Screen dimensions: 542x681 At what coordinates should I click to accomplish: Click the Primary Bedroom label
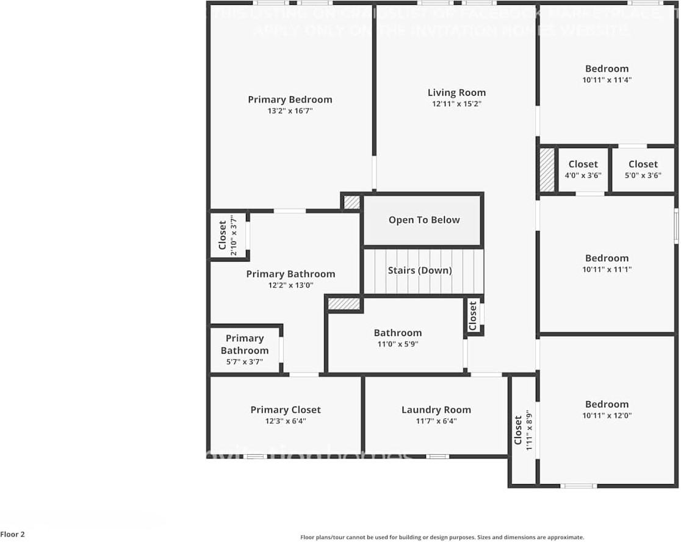tap(290, 99)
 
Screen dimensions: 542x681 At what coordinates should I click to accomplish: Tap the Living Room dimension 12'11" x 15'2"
tap(456, 104)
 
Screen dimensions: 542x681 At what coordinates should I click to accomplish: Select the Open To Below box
tap(423, 220)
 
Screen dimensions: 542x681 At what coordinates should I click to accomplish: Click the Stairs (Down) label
tap(420, 270)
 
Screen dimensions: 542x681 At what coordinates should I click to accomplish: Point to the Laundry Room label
tap(436, 410)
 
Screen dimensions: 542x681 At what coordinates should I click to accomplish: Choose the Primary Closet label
tap(285, 410)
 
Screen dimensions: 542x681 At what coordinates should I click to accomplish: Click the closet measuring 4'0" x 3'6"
tap(583, 169)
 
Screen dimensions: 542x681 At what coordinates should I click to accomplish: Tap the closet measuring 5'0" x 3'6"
tap(643, 169)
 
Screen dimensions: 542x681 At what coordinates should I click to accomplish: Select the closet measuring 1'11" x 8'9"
tap(523, 430)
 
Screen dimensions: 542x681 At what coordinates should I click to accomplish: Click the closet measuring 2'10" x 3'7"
tap(228, 235)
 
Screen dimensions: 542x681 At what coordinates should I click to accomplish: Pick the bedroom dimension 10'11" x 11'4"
tap(607, 80)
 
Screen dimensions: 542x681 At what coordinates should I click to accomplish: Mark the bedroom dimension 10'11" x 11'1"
tap(607, 269)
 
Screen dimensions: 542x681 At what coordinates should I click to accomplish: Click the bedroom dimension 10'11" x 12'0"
tap(607, 416)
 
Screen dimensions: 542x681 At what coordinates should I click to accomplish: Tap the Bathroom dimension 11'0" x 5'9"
tap(397, 344)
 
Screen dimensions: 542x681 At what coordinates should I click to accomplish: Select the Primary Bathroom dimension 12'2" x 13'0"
tap(290, 285)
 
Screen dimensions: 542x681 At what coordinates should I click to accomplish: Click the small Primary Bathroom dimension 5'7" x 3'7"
tap(244, 362)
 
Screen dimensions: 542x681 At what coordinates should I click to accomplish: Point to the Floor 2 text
tap(13, 535)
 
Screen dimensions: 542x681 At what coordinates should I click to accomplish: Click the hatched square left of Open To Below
tap(351, 202)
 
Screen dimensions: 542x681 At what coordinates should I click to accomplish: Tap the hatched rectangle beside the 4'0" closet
tap(547, 170)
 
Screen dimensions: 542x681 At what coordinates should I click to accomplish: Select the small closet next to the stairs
tap(474, 316)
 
